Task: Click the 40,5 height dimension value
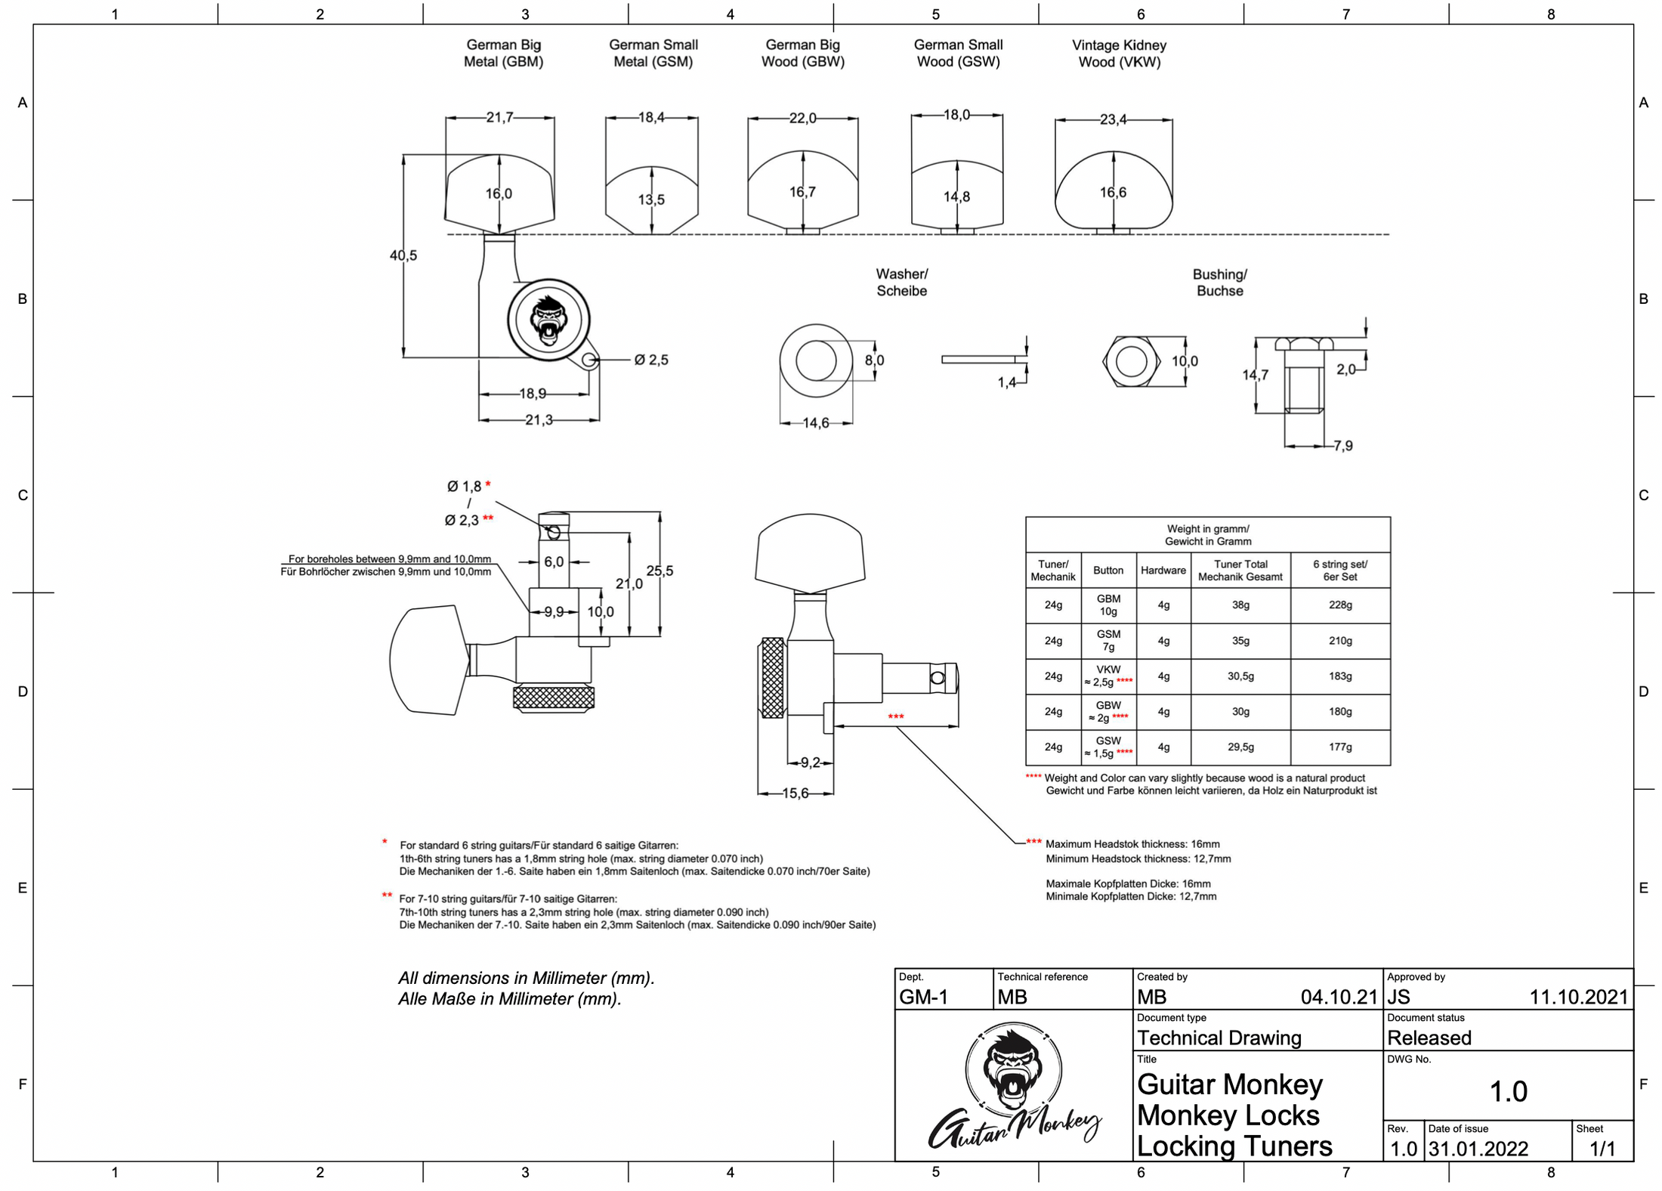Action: tap(403, 255)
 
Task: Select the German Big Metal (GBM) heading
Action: tap(503, 53)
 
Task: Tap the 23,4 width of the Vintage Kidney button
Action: tap(1113, 119)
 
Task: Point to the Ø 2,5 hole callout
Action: tap(650, 360)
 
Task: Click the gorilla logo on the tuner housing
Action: tap(548, 319)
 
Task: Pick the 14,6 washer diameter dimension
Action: tap(815, 423)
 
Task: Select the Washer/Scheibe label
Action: tap(901, 282)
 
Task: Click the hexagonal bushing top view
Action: tap(1131, 361)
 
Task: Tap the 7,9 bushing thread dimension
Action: tap(1342, 446)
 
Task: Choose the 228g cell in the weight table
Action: tap(1340, 605)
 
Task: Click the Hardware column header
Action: tap(1163, 571)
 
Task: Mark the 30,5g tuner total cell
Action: tap(1240, 676)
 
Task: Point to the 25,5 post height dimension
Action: tap(660, 571)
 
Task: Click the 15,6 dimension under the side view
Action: tap(795, 793)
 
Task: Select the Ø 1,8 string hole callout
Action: tap(464, 486)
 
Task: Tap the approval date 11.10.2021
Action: tap(1578, 997)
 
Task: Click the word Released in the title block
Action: tap(1429, 1038)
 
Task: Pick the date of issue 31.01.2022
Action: tap(1478, 1149)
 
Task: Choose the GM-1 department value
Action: tap(923, 997)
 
